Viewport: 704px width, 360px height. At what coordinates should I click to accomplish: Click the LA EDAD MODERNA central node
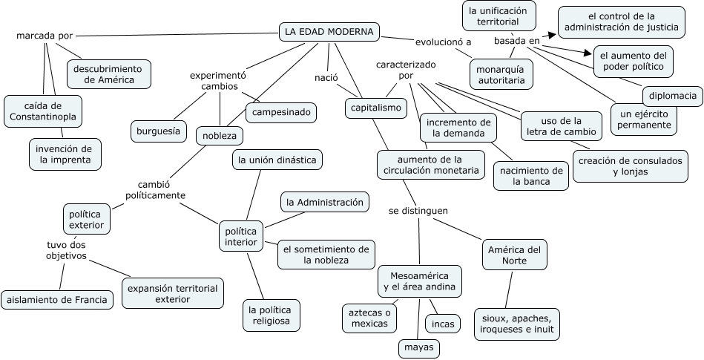(329, 32)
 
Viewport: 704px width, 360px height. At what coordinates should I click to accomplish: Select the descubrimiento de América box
(108, 73)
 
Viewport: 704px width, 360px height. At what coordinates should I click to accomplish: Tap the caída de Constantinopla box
(43, 111)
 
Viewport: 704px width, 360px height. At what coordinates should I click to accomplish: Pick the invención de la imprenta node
(65, 154)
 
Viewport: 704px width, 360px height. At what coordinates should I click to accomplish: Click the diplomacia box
(672, 96)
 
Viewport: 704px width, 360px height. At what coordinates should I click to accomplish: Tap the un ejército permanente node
(645, 119)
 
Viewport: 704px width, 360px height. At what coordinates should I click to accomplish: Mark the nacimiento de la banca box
(530, 175)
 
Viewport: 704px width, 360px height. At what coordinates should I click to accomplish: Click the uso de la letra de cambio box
(551, 126)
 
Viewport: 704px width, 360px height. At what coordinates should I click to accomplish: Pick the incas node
(441, 324)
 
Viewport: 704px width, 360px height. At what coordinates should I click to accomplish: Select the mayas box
(418, 347)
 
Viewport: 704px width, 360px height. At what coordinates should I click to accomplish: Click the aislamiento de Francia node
(58, 300)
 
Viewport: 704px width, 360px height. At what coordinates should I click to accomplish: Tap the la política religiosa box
(271, 315)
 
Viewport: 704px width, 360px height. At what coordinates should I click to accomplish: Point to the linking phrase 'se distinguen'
(418, 211)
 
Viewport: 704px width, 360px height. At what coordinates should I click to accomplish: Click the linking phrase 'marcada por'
(45, 35)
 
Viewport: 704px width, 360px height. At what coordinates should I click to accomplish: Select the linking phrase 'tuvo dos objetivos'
(66, 250)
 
